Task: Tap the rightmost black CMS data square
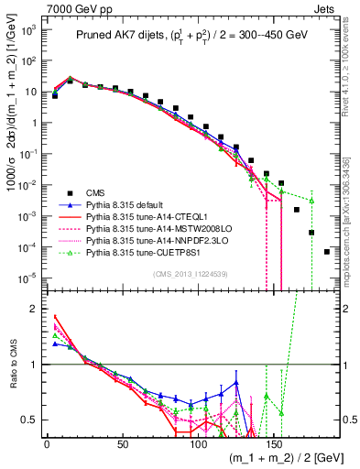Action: (x=327, y=252)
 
